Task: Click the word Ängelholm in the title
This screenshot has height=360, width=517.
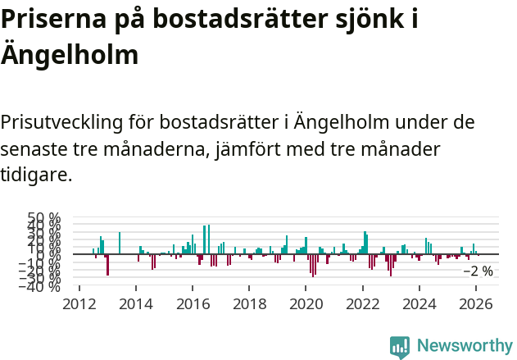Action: [70, 56]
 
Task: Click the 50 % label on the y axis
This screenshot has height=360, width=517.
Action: [44, 220]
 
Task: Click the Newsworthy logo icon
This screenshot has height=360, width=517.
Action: [400, 347]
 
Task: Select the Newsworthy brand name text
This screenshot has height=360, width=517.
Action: [465, 346]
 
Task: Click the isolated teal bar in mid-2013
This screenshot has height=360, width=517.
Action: [120, 243]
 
